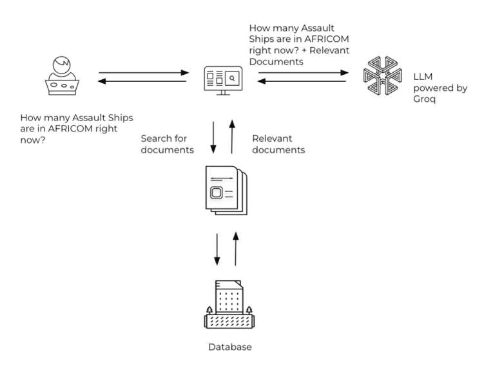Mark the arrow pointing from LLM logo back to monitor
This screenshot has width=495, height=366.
point(304,82)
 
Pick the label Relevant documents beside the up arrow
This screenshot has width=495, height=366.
point(278,144)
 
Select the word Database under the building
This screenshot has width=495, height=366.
point(229,347)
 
